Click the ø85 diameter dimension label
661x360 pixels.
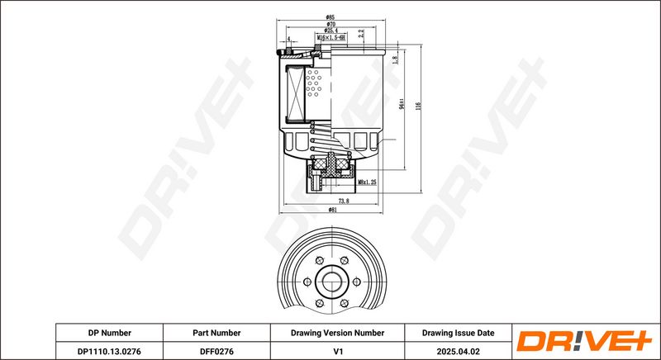click(x=330, y=17)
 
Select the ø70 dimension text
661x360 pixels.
click(x=330, y=24)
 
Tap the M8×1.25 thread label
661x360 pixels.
click(x=367, y=182)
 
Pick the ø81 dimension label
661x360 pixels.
click(x=332, y=210)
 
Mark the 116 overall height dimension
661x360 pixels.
click(x=419, y=107)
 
